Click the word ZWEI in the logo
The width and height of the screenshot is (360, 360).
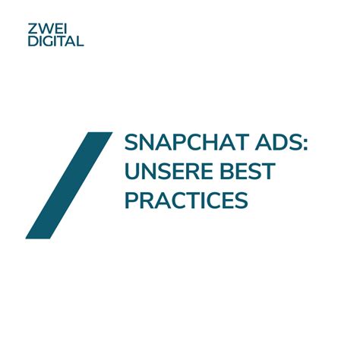click(47, 29)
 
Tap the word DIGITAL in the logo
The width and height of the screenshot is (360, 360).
click(55, 41)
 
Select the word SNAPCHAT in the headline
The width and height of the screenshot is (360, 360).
click(186, 142)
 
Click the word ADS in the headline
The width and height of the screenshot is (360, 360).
click(277, 142)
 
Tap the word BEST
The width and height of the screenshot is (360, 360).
click(248, 171)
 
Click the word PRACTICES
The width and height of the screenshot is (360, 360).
click(186, 200)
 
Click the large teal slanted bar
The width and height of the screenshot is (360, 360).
click(69, 185)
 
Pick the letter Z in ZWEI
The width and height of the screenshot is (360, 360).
click(33, 29)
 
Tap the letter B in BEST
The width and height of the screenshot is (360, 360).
click(227, 171)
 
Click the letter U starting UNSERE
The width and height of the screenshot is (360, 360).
click(132, 172)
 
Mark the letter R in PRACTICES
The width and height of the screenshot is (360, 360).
click(147, 200)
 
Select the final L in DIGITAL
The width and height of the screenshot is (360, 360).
click(80, 41)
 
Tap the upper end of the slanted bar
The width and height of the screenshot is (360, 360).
click(100, 132)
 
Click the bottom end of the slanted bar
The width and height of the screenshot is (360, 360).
click(38, 238)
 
